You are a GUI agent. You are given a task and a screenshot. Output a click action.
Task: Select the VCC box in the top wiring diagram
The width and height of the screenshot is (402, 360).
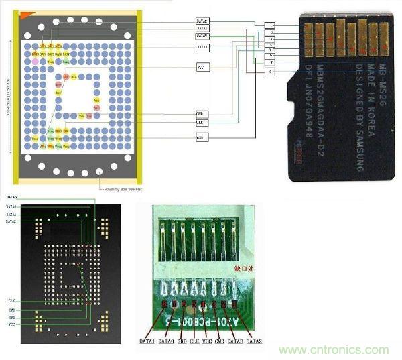click(201, 68)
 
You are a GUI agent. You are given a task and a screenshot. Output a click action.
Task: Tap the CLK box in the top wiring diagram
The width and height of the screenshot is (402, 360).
click(201, 123)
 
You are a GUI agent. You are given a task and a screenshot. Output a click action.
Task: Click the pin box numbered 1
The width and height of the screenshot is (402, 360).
click(270, 25)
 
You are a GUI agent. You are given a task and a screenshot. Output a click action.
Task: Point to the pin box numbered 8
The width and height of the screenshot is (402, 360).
click(270, 71)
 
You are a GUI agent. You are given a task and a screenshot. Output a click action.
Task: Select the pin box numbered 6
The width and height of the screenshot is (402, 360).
click(270, 55)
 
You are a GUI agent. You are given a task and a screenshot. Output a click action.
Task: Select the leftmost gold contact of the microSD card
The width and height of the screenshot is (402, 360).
click(307, 40)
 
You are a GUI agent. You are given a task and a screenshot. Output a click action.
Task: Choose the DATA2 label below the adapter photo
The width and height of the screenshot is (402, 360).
click(254, 341)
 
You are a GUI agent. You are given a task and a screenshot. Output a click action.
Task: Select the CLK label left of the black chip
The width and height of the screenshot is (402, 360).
click(12, 302)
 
